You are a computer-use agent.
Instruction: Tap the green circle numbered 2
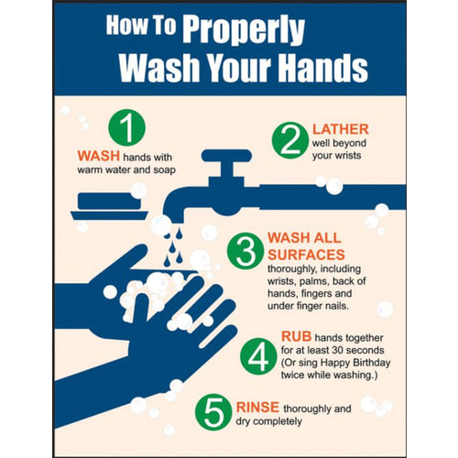point(289,140)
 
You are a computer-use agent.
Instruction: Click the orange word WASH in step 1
point(96,155)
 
